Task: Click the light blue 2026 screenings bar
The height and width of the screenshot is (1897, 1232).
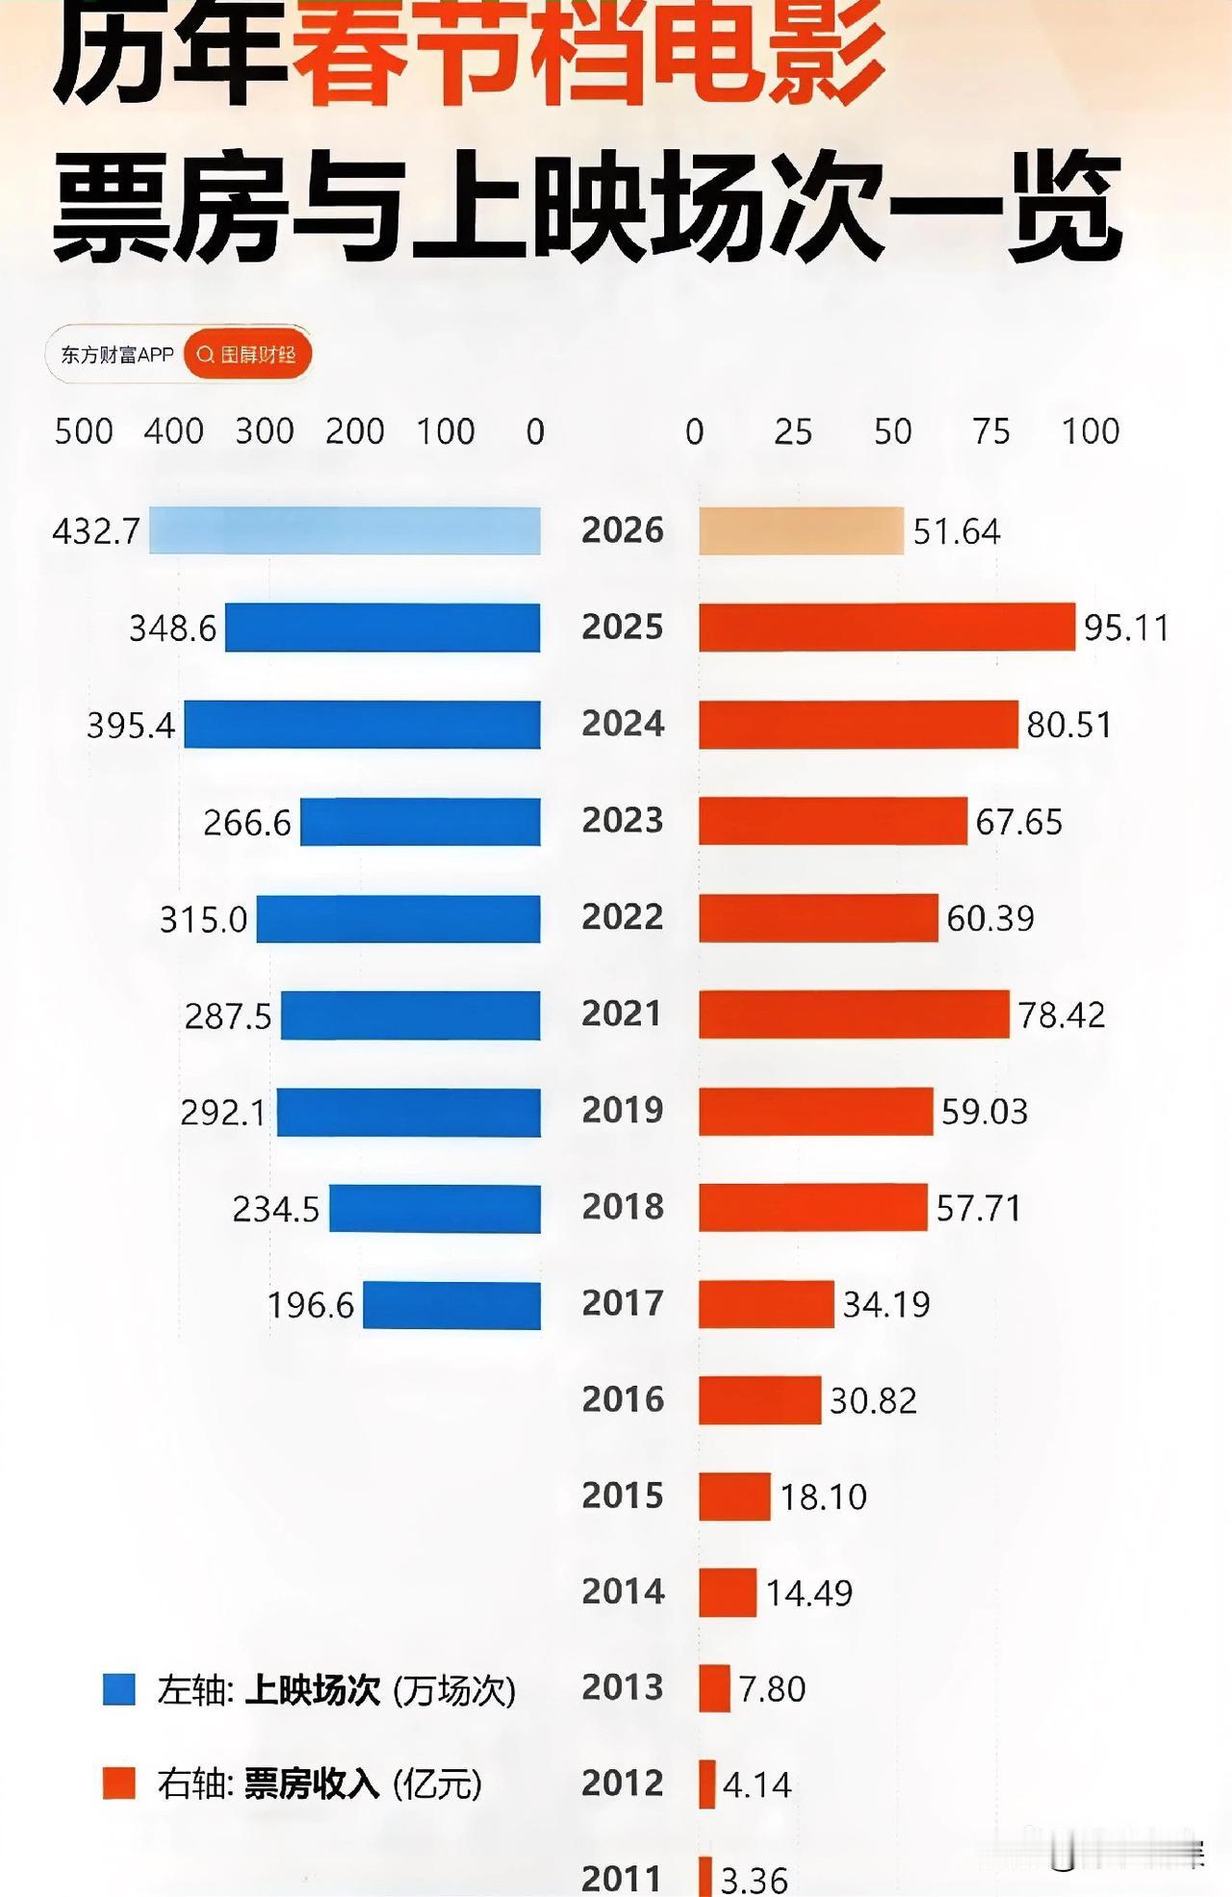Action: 345,530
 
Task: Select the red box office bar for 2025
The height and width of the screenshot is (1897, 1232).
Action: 886,627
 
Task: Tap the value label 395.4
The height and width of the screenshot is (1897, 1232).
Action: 131,725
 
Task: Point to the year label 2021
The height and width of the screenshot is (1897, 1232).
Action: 622,1013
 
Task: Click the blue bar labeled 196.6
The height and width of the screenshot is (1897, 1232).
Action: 451,1305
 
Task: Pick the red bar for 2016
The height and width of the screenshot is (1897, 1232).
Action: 759,1399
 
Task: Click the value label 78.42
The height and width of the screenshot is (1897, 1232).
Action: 1062,1014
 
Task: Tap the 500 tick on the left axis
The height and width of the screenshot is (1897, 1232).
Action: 84,431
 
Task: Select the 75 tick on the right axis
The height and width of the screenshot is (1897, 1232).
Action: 990,431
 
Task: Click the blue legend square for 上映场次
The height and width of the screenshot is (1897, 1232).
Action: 119,1689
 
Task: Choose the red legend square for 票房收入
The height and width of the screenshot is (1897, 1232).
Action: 119,1783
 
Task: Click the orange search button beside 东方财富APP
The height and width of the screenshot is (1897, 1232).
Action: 247,355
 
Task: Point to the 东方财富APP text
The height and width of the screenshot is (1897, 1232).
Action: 116,355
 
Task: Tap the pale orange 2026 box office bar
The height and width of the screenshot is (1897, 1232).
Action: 801,530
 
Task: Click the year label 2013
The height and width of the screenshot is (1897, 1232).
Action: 623,1687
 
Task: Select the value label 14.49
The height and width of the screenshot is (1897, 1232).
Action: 808,1593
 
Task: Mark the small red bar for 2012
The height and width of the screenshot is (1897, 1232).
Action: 707,1783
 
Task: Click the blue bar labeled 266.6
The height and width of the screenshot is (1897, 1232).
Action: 420,822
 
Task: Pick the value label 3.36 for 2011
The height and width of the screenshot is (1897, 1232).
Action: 754,1879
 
